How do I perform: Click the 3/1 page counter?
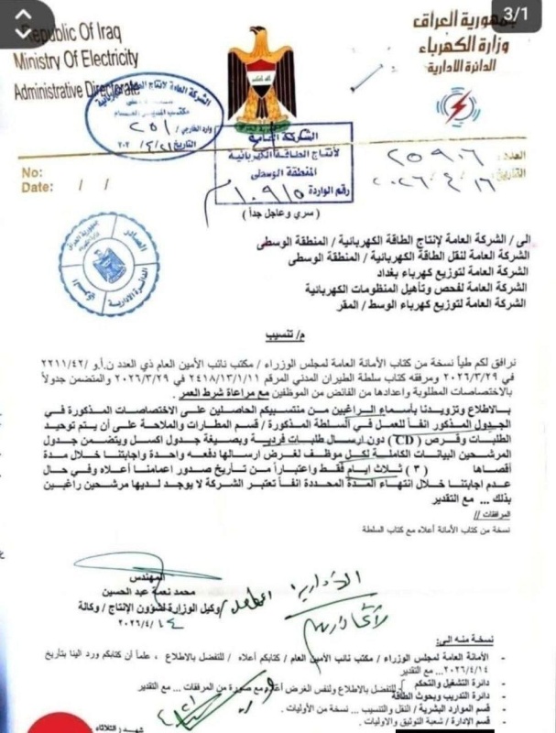[x=529, y=15]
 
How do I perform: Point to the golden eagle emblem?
[x=262, y=82]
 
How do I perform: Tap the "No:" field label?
[x=31, y=171]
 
